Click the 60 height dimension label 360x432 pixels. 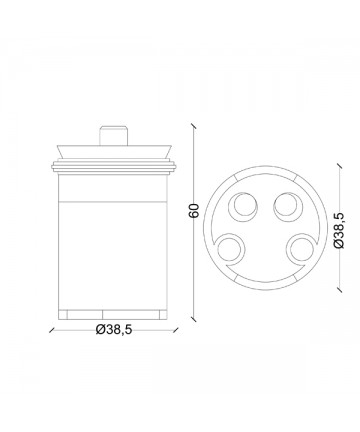(194, 211)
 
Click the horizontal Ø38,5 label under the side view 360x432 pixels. (114, 330)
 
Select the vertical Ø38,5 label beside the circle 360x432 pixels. (339, 230)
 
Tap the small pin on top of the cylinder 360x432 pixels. (114, 135)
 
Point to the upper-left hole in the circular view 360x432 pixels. (243, 207)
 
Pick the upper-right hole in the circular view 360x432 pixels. (288, 207)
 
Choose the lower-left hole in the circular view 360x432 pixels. (230, 249)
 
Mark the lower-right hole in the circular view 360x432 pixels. (300, 249)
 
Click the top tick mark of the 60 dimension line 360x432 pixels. (193, 126)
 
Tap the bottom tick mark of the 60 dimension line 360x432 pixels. (193, 319)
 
